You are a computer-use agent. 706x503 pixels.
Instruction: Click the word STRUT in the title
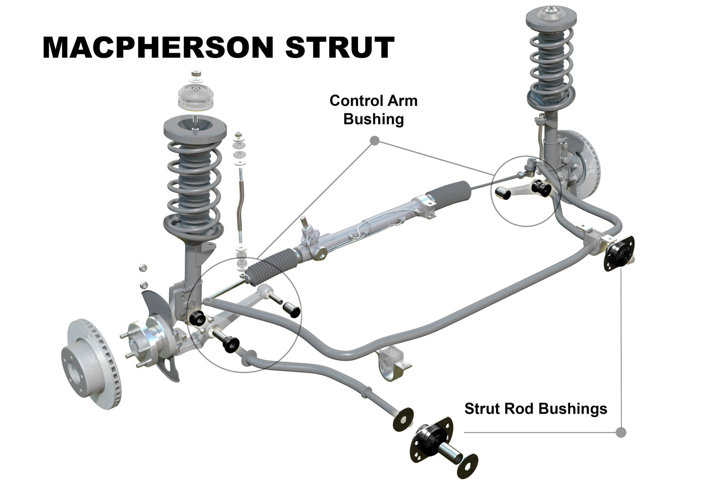coord(340,47)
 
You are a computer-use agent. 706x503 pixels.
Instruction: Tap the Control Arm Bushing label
coord(373,110)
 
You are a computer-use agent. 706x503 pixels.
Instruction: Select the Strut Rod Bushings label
coord(535,408)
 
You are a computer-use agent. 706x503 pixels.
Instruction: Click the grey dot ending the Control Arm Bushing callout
coord(375,141)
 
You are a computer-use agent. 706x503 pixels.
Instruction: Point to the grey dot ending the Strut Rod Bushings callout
coord(621,432)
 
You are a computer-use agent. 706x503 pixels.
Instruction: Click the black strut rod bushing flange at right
coord(619,253)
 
